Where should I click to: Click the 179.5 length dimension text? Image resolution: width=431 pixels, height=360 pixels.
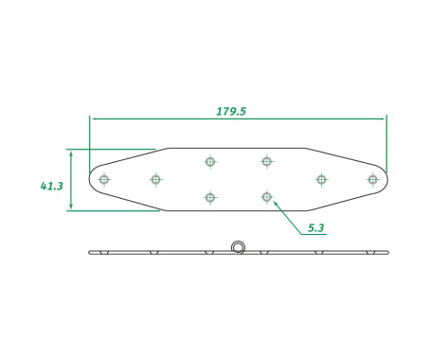[x=231, y=111]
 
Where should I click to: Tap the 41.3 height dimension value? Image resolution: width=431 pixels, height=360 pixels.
[x=51, y=187]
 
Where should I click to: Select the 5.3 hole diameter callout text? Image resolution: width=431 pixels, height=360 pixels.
[x=316, y=228]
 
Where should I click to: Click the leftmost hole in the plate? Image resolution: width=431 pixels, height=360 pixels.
[x=104, y=179]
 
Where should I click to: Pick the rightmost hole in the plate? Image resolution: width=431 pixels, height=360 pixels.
[x=372, y=178]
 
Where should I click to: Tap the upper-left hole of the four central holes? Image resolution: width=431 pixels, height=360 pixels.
[x=210, y=161]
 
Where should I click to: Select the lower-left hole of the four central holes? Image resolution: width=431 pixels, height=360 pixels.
[x=210, y=197]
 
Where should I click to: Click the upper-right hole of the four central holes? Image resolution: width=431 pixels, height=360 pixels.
[x=267, y=161]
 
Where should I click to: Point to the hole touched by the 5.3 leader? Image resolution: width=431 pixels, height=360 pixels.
[x=267, y=197]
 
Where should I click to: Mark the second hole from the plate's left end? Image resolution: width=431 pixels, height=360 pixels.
[x=155, y=178]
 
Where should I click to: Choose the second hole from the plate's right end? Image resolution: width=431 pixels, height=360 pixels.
[x=321, y=178]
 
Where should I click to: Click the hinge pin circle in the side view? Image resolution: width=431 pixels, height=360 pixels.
[x=238, y=248]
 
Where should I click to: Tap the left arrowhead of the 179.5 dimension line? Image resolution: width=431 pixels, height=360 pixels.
[x=92, y=118]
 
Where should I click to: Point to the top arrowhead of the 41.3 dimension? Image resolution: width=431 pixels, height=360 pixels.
[x=70, y=151]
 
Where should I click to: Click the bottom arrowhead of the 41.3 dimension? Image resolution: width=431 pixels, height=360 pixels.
[x=70, y=208]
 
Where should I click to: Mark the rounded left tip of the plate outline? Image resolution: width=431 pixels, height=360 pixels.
[x=91, y=179]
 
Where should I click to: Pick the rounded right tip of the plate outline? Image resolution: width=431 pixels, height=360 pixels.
[x=386, y=178]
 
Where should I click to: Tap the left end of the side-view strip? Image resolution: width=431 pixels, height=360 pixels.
[x=90, y=252]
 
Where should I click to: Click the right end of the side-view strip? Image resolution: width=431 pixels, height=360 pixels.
[x=387, y=252]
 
